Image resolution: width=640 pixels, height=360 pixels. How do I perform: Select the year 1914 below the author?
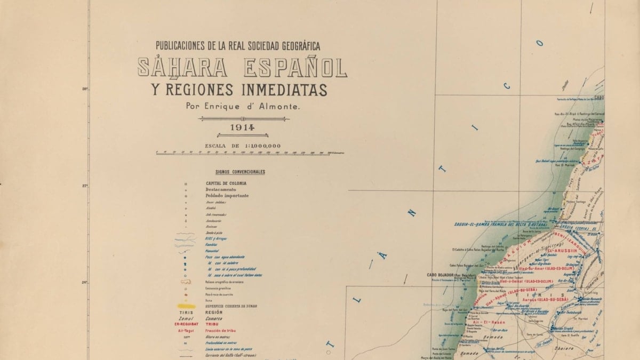tap(243, 128)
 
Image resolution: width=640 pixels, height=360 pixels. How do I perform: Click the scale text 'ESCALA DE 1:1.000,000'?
tap(243, 146)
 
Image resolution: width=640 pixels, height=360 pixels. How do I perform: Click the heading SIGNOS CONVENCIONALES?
tap(240, 172)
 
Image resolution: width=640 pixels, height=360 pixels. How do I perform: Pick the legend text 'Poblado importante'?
tap(227, 196)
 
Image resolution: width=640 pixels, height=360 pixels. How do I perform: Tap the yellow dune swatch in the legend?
tap(186, 307)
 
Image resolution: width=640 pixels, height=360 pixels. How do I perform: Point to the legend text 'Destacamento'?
tap(221, 189)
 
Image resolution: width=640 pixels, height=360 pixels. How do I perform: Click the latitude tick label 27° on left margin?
tap(84, 186)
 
